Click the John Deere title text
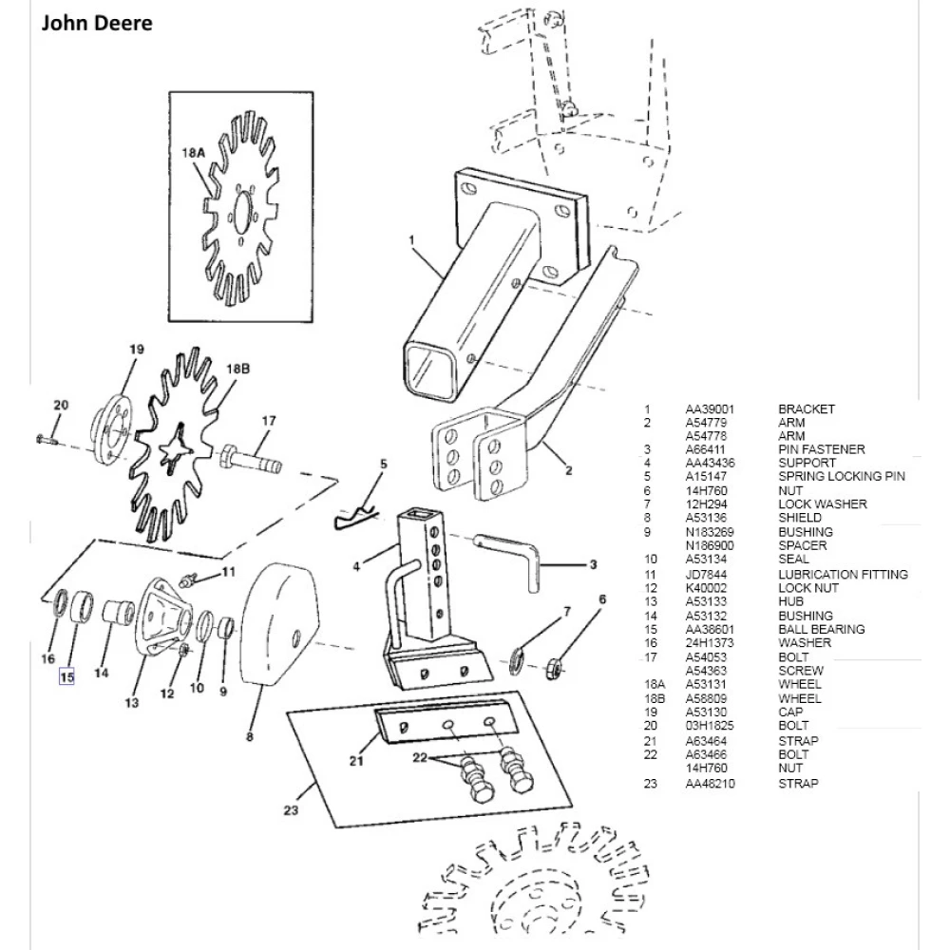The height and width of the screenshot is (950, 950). pyautogui.click(x=97, y=24)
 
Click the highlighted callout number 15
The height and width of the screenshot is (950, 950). pyautogui.click(x=66, y=677)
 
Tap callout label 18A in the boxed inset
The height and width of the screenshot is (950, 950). pyautogui.click(x=193, y=152)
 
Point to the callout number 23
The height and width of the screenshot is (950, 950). pyautogui.click(x=291, y=810)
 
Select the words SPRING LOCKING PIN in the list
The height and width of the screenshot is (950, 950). pyautogui.click(x=842, y=476)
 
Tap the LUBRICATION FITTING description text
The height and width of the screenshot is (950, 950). pyautogui.click(x=843, y=575)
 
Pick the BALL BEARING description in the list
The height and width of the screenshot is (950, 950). pyautogui.click(x=821, y=629)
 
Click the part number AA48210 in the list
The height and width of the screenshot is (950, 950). pyautogui.click(x=710, y=784)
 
